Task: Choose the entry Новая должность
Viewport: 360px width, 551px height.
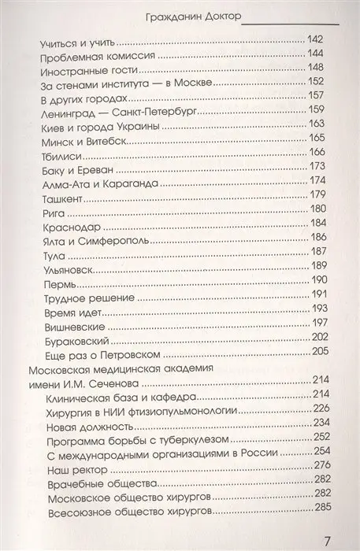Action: (87, 423)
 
